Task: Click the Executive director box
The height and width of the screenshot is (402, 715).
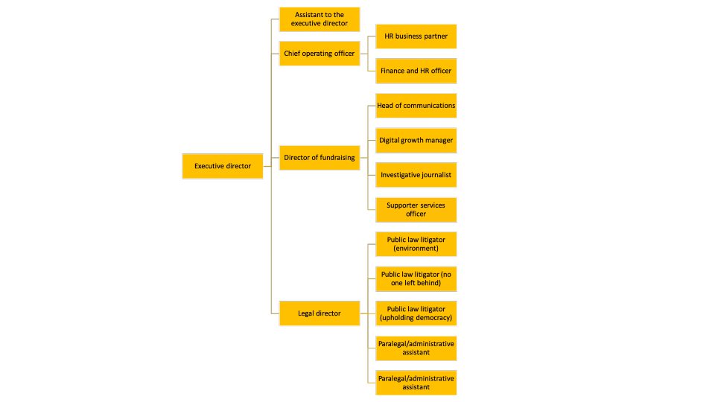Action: pos(223,166)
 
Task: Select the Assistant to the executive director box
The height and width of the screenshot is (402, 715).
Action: pos(320,19)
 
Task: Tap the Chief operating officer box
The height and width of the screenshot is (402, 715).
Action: pos(320,54)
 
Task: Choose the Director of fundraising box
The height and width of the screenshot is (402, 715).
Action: pos(320,158)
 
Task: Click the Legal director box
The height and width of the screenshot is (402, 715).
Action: pos(320,313)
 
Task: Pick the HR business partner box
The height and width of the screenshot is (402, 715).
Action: pos(416,36)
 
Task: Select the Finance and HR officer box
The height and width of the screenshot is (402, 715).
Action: pos(416,71)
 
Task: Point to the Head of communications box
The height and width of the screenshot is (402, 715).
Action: pos(416,105)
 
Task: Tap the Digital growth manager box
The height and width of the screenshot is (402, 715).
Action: pos(416,141)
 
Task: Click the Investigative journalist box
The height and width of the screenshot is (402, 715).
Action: pos(416,175)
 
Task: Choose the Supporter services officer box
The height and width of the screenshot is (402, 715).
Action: pos(416,210)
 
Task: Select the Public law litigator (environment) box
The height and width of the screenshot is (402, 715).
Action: pos(416,244)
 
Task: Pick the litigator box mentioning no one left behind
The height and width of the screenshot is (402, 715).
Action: pos(416,278)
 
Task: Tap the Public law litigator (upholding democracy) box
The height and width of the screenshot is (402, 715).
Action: pos(416,313)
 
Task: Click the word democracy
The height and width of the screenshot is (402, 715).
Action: pos(433,318)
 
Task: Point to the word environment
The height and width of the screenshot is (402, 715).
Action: pos(416,249)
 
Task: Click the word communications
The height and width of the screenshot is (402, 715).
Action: pos(430,105)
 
